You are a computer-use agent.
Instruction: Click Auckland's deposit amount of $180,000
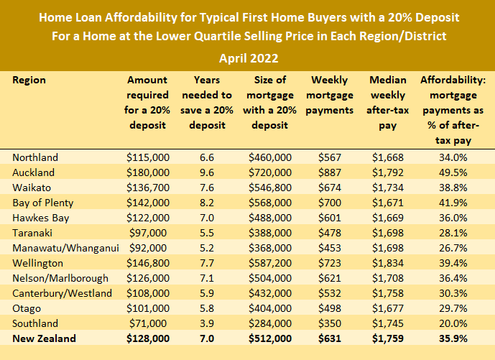pyautogui.click(x=149, y=172)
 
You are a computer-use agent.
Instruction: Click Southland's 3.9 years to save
pyautogui.click(x=206, y=323)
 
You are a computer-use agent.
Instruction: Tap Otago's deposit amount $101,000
pyautogui.click(x=149, y=308)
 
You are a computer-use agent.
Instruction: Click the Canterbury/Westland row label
pyautogui.click(x=63, y=293)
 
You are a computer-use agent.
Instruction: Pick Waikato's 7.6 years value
pyautogui.click(x=206, y=188)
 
